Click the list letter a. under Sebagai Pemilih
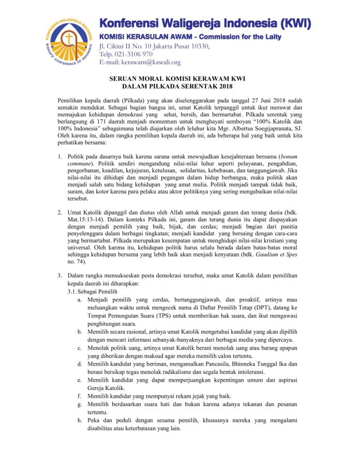(x=79, y=300)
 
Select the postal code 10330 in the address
(x=199, y=47)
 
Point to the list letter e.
(x=79, y=380)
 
